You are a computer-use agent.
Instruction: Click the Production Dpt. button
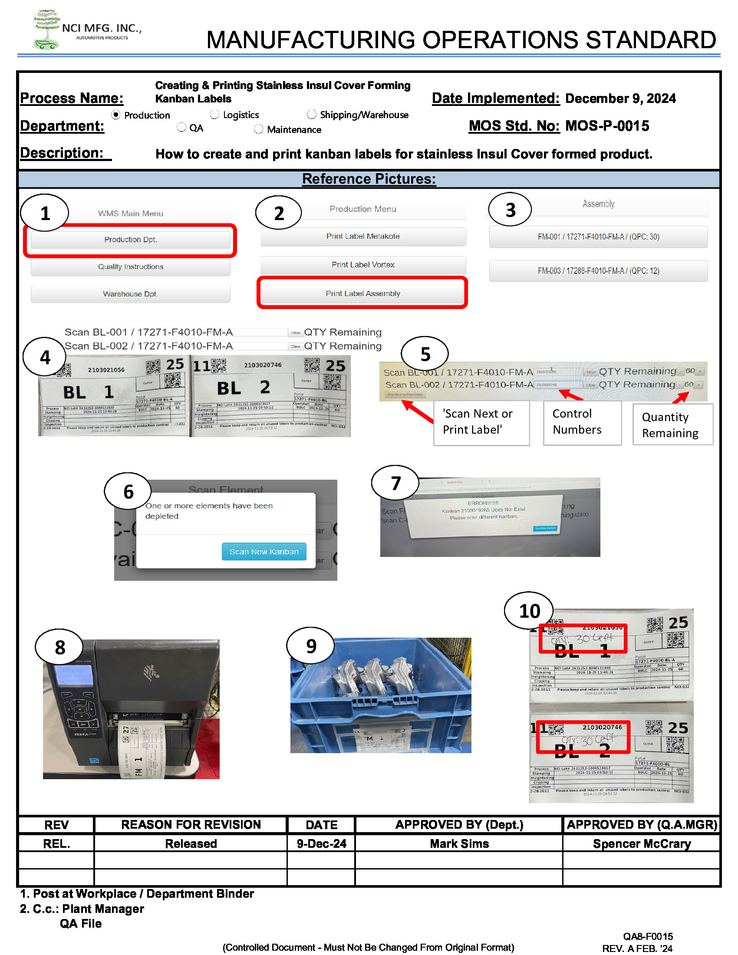click(x=130, y=240)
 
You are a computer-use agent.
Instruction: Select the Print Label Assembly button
click(x=362, y=293)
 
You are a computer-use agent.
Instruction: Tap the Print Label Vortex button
click(x=362, y=264)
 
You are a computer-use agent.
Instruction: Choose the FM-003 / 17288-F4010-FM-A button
click(x=598, y=271)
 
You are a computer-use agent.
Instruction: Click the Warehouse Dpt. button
click(x=130, y=294)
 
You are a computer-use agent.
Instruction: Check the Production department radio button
click(x=116, y=115)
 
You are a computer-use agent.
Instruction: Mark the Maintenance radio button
click(x=259, y=129)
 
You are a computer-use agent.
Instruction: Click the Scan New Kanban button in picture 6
click(x=264, y=552)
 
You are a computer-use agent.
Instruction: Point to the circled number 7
click(x=395, y=483)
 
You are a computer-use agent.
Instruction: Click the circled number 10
click(x=529, y=611)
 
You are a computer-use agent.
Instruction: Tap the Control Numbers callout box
click(x=581, y=422)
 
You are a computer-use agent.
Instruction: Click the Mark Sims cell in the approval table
click(x=458, y=843)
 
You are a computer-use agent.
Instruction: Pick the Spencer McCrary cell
click(x=641, y=843)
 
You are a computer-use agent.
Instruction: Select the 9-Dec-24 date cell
click(x=321, y=843)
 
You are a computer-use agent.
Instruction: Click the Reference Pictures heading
click(x=369, y=179)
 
